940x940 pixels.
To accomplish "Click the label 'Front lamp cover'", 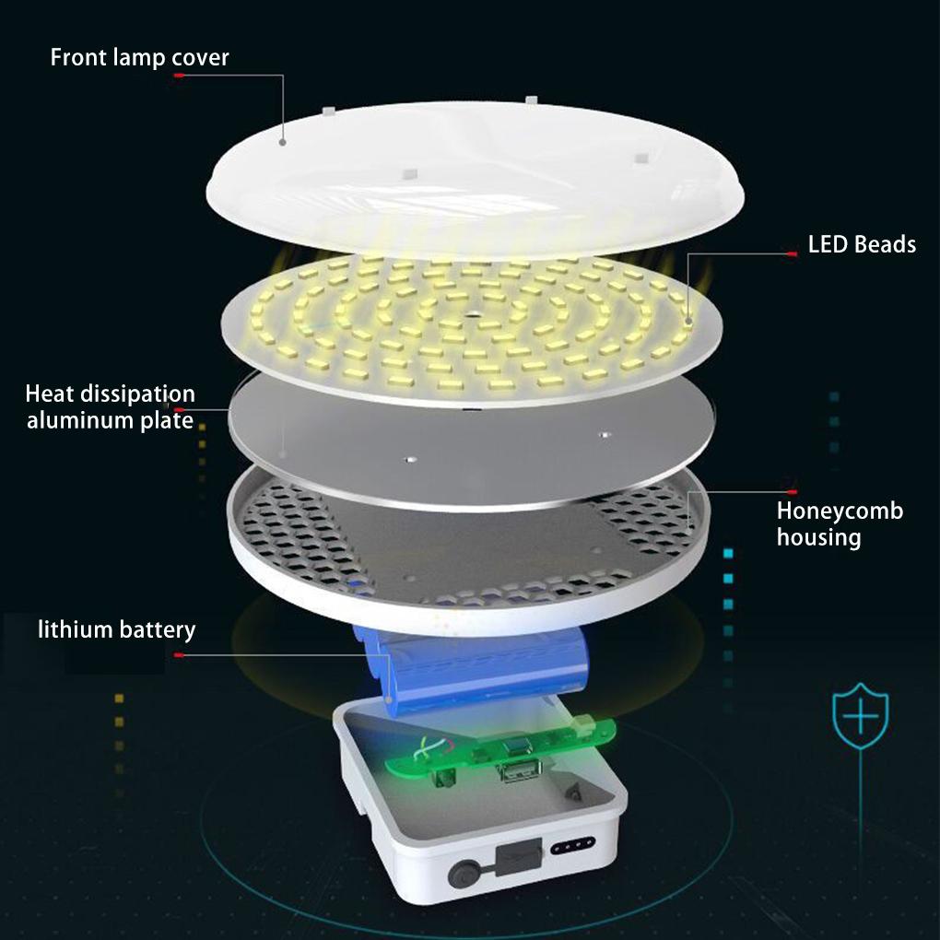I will pos(139,57).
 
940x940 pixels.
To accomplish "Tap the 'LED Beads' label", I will pos(862,244).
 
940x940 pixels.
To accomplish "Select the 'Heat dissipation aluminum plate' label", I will pos(111,407).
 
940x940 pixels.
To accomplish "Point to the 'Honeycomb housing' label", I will pos(840,523).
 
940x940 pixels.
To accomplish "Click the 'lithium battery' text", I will pos(117,630).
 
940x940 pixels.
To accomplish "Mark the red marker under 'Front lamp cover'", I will pos(180,76).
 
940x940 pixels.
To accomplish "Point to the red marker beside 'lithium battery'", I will pos(179,655).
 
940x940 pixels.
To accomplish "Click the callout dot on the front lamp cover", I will pos(283,142).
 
